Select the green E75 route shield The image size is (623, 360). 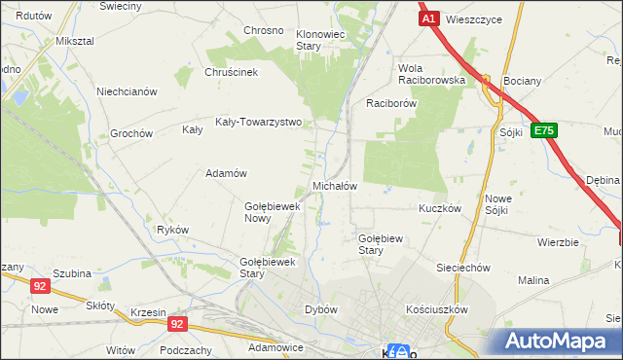pyautogui.click(x=544, y=131)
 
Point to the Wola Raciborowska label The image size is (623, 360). pyautogui.click(x=431, y=74)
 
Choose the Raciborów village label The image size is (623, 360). pyautogui.click(x=391, y=102)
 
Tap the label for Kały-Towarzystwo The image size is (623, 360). pyautogui.click(x=266, y=124)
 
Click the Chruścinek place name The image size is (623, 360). pyautogui.click(x=231, y=72)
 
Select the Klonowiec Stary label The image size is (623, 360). pyautogui.click(x=321, y=40)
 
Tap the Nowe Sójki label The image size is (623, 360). pyautogui.click(x=498, y=204)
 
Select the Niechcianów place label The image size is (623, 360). pyautogui.click(x=127, y=91)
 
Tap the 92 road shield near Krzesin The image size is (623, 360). pyautogui.click(x=176, y=323)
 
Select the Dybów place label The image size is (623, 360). pyautogui.click(x=321, y=309)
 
